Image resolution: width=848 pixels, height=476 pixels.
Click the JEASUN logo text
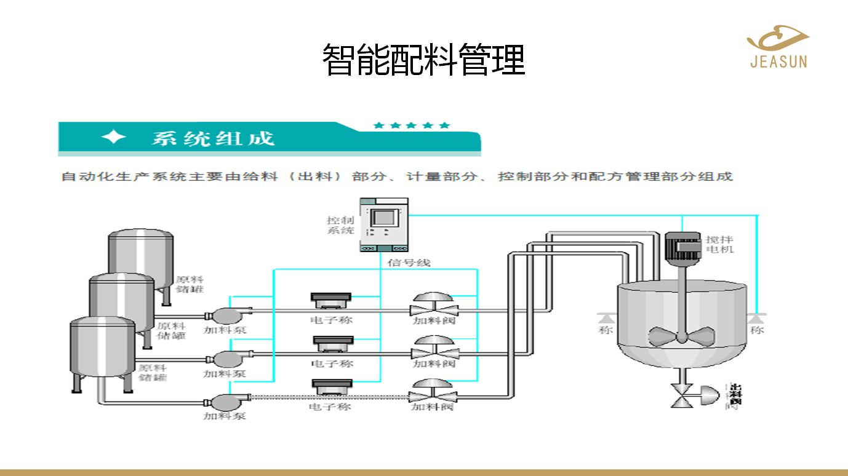click(778, 61)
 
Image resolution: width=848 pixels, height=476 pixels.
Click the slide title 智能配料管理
click(424, 60)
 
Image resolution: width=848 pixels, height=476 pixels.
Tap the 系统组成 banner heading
click(213, 138)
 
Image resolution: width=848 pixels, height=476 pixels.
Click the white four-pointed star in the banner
click(114, 138)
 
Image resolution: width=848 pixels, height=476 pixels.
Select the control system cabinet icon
click(384, 224)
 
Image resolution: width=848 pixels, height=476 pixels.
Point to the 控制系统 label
click(340, 225)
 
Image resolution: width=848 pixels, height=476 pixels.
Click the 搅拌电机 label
click(720, 244)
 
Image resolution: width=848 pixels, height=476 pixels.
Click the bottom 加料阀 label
click(433, 407)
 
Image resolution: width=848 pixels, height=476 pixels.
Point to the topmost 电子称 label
click(332, 320)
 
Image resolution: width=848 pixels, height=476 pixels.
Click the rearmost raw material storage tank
click(140, 258)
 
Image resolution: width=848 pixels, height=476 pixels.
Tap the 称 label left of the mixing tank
click(606, 330)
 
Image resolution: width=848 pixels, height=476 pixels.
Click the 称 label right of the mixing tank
click(757, 330)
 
